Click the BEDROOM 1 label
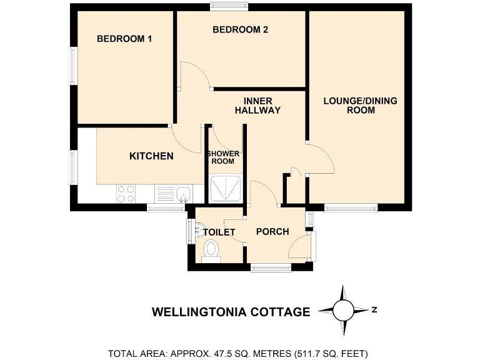[124, 39]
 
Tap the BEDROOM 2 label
[240, 29]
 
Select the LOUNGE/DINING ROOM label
[360, 105]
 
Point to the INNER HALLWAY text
[257, 105]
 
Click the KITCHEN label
[151, 156]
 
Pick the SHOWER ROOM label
[222, 157]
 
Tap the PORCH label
[272, 232]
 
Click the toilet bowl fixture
[211, 250]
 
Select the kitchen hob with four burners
[126, 194]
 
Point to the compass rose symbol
[342, 310]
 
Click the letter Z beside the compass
[374, 309]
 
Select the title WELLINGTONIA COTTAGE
[231, 312]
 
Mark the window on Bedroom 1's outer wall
[73, 66]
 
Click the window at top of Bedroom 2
[229, 7]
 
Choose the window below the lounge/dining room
[351, 208]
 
